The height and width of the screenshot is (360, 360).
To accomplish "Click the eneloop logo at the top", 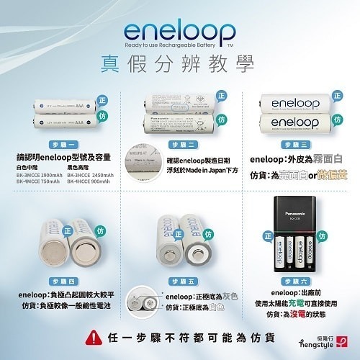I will point(179,32).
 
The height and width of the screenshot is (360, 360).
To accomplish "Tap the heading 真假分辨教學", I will point(179,60).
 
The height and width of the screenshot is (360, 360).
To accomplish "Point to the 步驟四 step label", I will point(60,281).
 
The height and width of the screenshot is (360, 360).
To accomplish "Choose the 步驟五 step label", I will point(180,281).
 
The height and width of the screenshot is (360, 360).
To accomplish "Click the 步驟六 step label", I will point(300,281).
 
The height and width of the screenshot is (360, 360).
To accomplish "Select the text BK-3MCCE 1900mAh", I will point(39,175).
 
